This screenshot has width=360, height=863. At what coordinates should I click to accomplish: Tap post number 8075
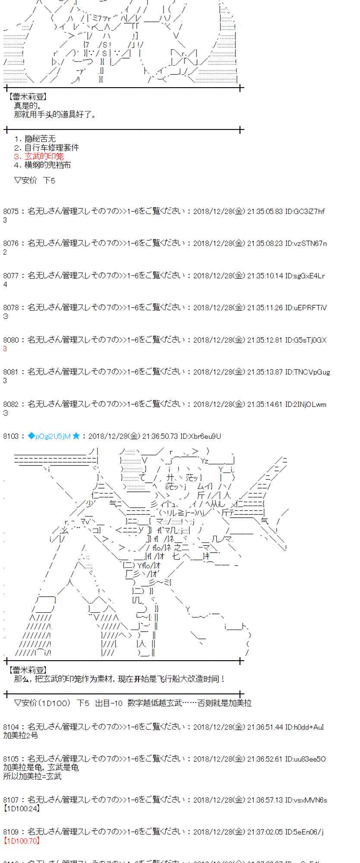[11, 211]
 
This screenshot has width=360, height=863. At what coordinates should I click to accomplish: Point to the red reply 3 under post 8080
[5, 349]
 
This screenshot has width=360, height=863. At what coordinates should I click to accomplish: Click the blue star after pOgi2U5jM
[76, 436]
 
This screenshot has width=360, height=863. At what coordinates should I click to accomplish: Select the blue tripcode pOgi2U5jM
[52, 436]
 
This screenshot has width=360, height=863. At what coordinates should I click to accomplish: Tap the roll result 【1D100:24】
[22, 809]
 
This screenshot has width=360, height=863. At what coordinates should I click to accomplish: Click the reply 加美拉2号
[21, 735]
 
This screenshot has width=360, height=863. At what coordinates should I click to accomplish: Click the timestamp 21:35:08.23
[265, 243]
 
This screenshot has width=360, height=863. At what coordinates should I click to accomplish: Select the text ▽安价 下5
[35, 180]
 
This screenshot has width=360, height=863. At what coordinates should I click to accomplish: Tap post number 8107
[11, 800]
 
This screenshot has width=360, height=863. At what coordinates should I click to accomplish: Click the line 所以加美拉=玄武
[32, 776]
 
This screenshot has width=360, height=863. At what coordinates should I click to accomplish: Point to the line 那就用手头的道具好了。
[55, 114]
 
